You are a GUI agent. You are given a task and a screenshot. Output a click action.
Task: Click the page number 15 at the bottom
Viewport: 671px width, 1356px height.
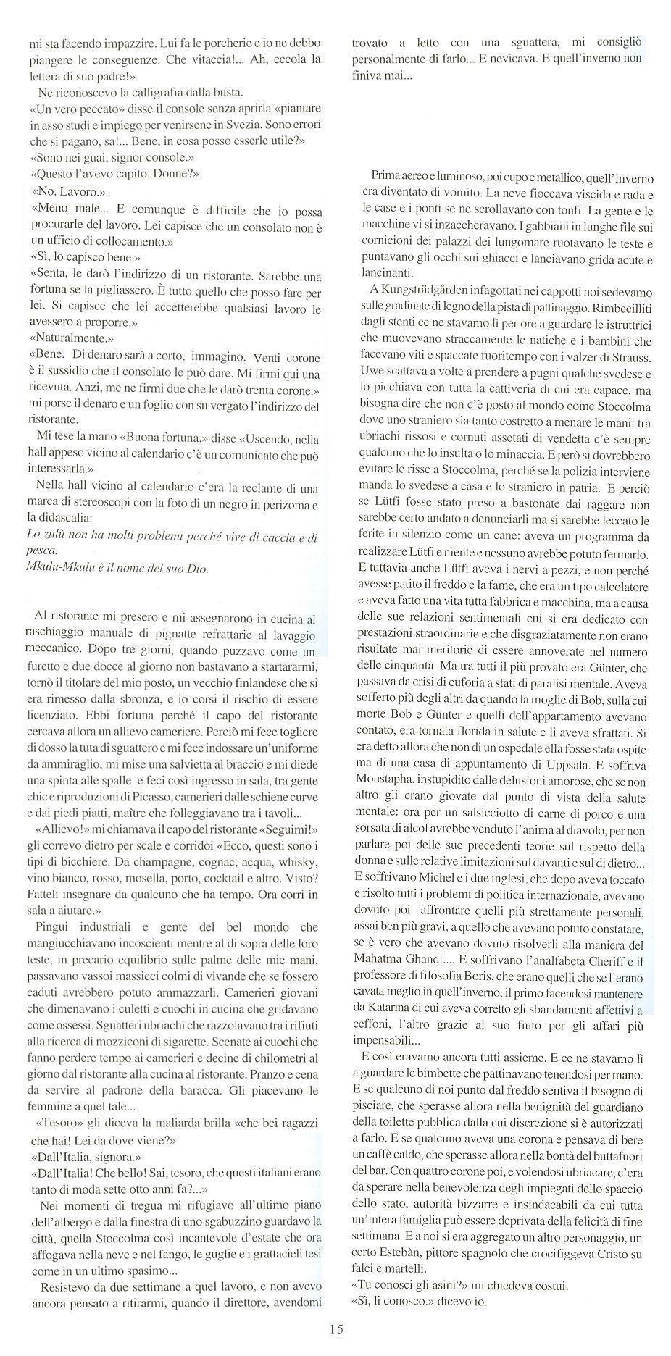(335, 1328)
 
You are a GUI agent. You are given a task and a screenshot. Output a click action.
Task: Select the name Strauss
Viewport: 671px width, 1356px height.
(630, 359)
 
